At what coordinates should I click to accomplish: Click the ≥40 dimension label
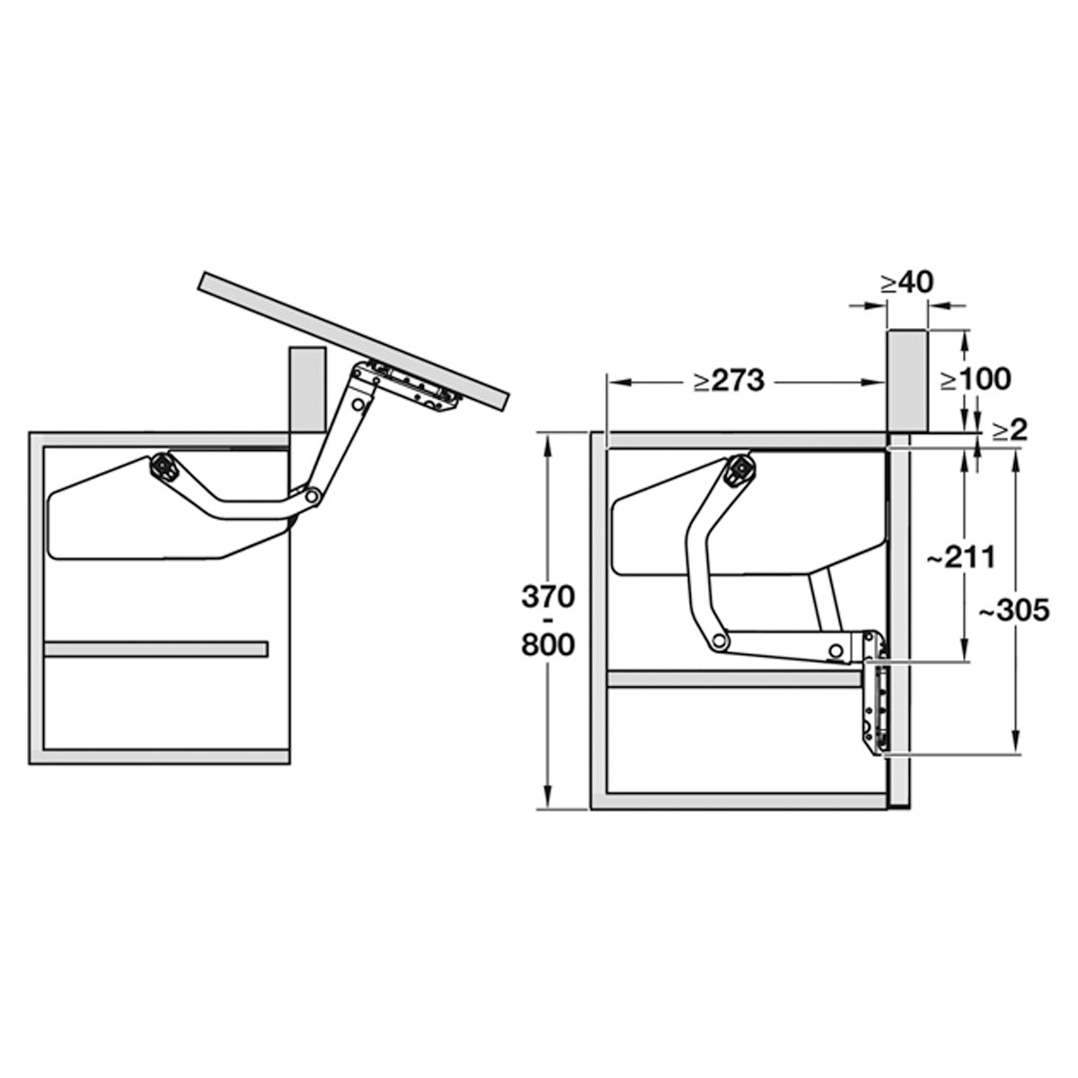(x=906, y=282)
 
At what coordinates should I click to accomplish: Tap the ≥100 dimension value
(x=975, y=378)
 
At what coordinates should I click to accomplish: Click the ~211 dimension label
(x=960, y=558)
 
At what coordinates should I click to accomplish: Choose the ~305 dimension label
(x=1012, y=611)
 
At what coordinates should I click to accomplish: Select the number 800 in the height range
(x=548, y=644)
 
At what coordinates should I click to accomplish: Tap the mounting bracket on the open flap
(x=413, y=385)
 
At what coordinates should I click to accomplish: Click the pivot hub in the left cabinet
(x=163, y=466)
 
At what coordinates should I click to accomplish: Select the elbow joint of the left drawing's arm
(x=311, y=496)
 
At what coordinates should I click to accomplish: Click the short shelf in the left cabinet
(x=156, y=649)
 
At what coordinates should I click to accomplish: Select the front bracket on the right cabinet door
(x=876, y=701)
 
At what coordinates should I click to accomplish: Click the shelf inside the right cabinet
(x=732, y=679)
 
